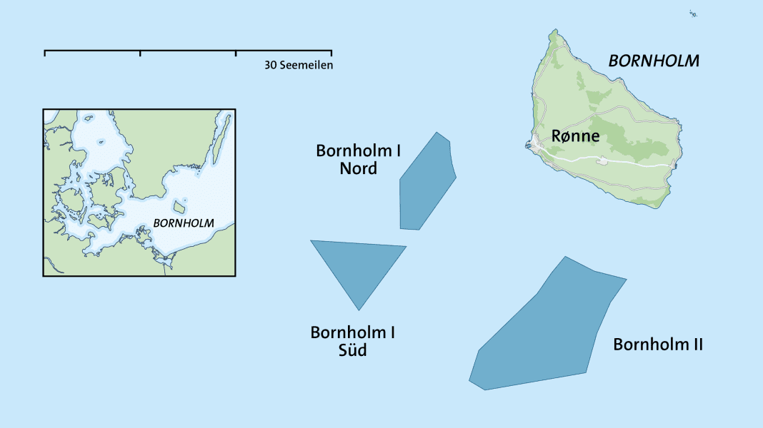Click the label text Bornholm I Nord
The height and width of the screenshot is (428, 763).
(x=358, y=160)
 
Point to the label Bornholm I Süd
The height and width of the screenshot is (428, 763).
(x=352, y=341)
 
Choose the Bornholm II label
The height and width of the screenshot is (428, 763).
(x=658, y=345)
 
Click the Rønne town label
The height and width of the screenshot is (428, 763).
(x=575, y=136)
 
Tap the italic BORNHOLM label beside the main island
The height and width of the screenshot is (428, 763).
(x=653, y=61)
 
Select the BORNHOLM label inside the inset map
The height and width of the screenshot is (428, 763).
(x=184, y=223)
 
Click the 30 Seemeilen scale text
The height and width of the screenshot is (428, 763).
(x=299, y=65)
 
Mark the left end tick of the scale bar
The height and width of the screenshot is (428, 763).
(x=45, y=53)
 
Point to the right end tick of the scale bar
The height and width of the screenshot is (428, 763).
(x=331, y=53)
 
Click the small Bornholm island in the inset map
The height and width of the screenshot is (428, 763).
(x=179, y=207)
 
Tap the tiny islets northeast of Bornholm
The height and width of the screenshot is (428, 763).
(x=693, y=14)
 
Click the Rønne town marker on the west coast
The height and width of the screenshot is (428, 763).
(x=535, y=146)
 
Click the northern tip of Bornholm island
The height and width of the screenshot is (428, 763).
(x=554, y=31)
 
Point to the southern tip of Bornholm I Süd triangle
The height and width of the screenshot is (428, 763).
(x=359, y=309)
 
